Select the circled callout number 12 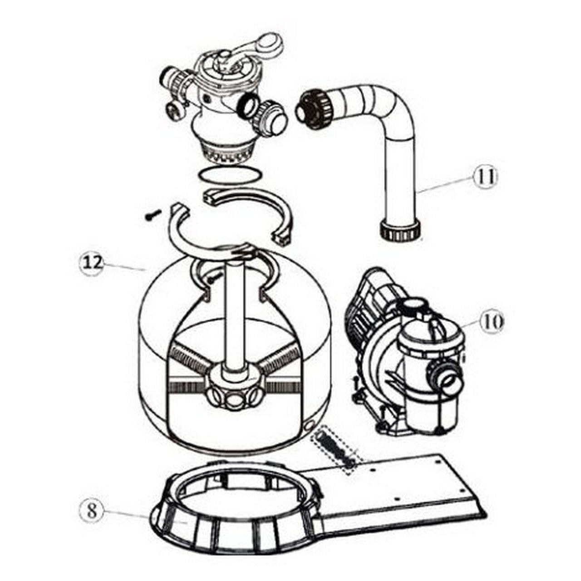pyautogui.click(x=91, y=263)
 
